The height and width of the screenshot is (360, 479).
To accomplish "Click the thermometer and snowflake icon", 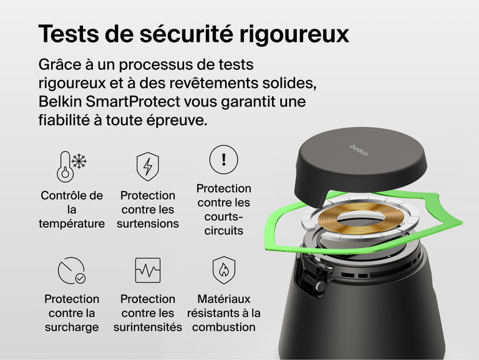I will [72, 166].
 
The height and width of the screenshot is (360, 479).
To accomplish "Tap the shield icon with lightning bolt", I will [148, 167].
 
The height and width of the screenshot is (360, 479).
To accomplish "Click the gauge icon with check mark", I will [72, 270].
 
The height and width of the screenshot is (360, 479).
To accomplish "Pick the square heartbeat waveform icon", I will [148, 270].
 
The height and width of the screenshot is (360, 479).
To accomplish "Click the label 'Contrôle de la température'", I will [72, 210].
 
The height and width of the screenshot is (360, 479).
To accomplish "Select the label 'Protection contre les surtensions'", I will [148, 210].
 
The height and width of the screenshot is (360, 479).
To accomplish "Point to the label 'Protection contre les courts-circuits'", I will [224, 209].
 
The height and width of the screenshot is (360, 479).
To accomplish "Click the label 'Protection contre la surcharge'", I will [72, 313].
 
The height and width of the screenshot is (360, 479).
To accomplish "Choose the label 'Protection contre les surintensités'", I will [148, 313].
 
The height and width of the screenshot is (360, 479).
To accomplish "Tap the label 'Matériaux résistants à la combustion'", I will [224, 313].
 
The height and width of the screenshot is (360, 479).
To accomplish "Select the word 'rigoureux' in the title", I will [295, 34].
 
